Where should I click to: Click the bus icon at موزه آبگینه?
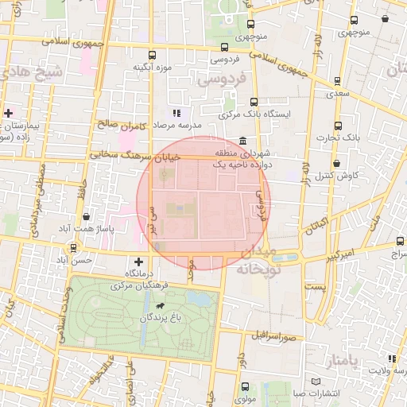pos(152,56)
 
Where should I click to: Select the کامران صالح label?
pos(122,125)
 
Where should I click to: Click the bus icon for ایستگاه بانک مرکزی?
pos(254,102)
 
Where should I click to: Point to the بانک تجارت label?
pos(359,138)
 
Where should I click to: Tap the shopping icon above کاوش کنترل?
pos(338,162)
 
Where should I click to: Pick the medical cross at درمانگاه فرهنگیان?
pos(139,261)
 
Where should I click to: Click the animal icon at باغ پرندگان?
pos(161,306)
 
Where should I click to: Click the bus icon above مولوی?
pos(243,387)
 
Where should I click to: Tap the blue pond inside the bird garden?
pos(200,299)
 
